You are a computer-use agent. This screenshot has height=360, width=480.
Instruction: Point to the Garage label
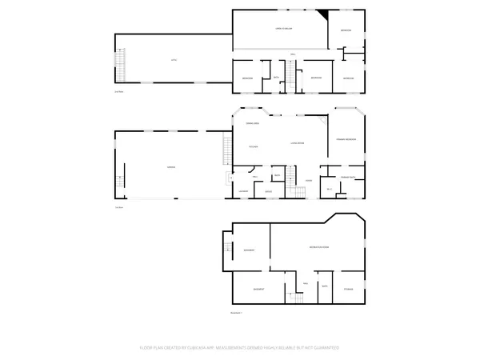coord(170,166)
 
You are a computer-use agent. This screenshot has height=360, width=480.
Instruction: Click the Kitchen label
coord(253,146)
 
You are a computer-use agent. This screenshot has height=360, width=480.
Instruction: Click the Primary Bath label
coord(348,177)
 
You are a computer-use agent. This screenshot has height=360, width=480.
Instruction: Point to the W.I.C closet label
coord(329,190)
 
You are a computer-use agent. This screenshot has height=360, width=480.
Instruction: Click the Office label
coord(270,191)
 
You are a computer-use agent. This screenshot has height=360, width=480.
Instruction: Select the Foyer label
coord(308,181)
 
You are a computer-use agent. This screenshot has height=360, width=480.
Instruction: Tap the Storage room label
coord(349,288)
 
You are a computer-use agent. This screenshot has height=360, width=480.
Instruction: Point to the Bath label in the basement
coord(325,286)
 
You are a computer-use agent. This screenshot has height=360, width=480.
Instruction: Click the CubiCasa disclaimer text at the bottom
coord(240,349)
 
